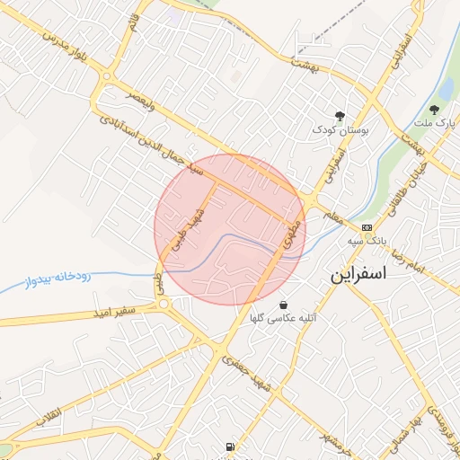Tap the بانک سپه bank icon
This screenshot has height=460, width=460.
367,228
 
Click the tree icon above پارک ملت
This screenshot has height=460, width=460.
437,109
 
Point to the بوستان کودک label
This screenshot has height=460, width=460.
334,129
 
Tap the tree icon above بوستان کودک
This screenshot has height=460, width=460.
340,115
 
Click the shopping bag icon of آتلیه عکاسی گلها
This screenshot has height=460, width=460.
284,305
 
